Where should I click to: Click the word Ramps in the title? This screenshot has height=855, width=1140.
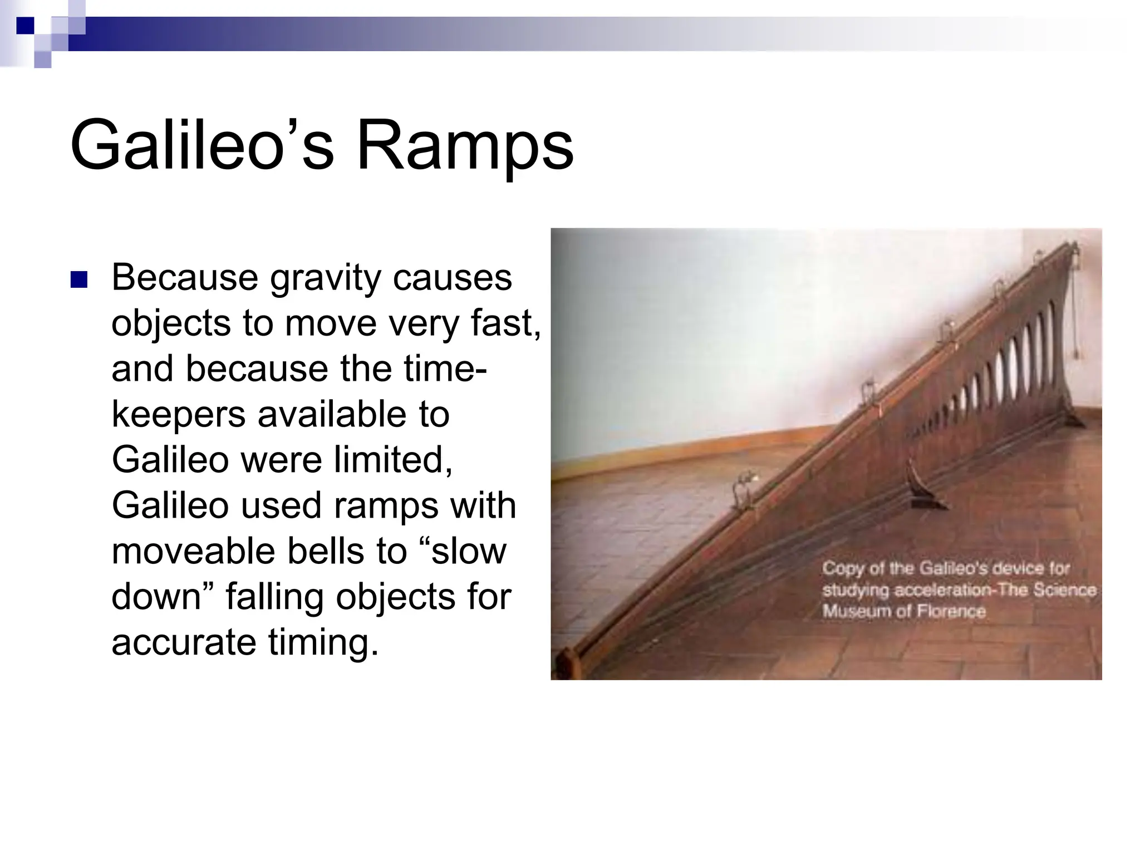pos(465,146)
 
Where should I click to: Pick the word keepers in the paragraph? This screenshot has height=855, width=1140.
pos(178,415)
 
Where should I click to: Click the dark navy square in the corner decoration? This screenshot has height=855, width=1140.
pos(24,25)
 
